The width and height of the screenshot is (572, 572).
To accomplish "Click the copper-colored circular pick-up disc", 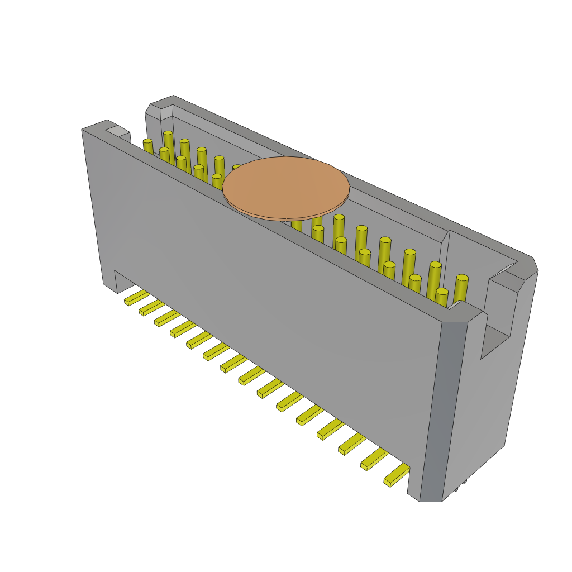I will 286,187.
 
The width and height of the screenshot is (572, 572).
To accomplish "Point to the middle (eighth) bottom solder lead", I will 251,376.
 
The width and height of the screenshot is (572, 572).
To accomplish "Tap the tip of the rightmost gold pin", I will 462,278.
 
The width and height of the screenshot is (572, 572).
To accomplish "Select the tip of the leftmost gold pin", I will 147,141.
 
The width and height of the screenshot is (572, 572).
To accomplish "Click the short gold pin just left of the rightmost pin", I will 442,292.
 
